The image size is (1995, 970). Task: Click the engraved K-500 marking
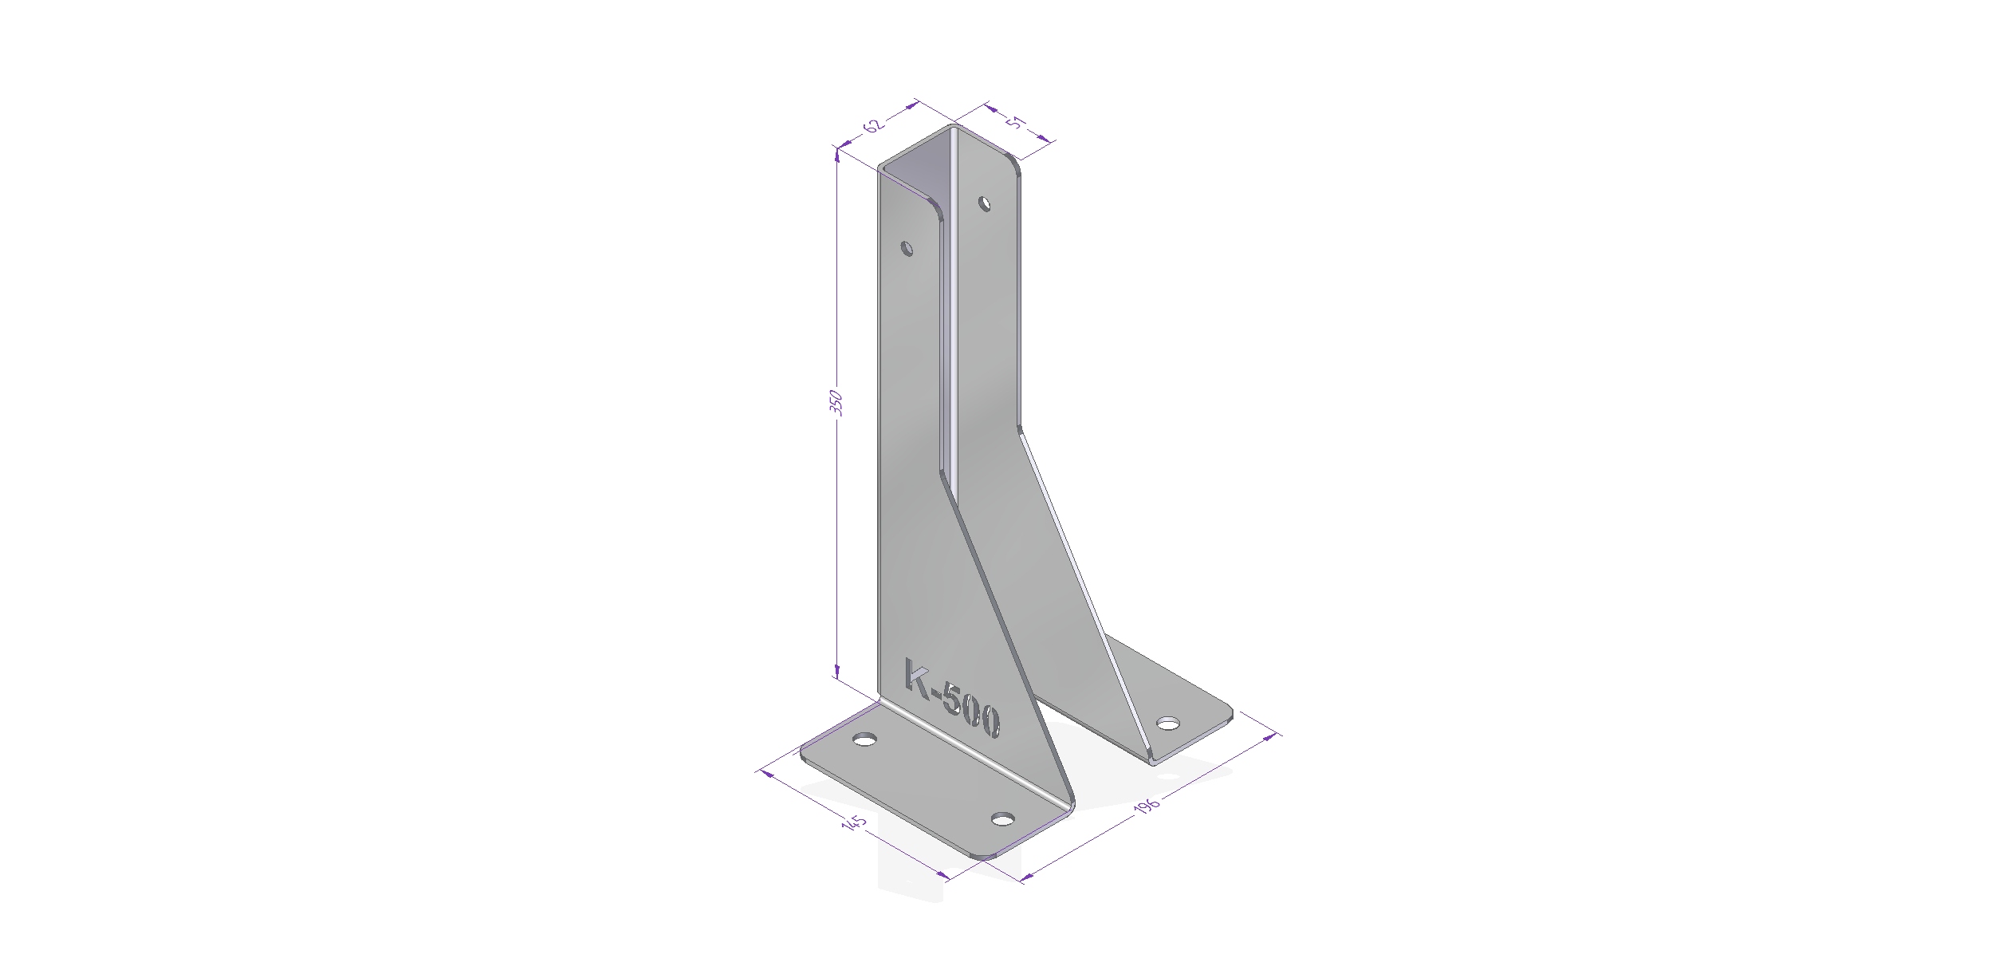click(x=950, y=699)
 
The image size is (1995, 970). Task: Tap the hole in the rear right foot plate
click(x=1167, y=724)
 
